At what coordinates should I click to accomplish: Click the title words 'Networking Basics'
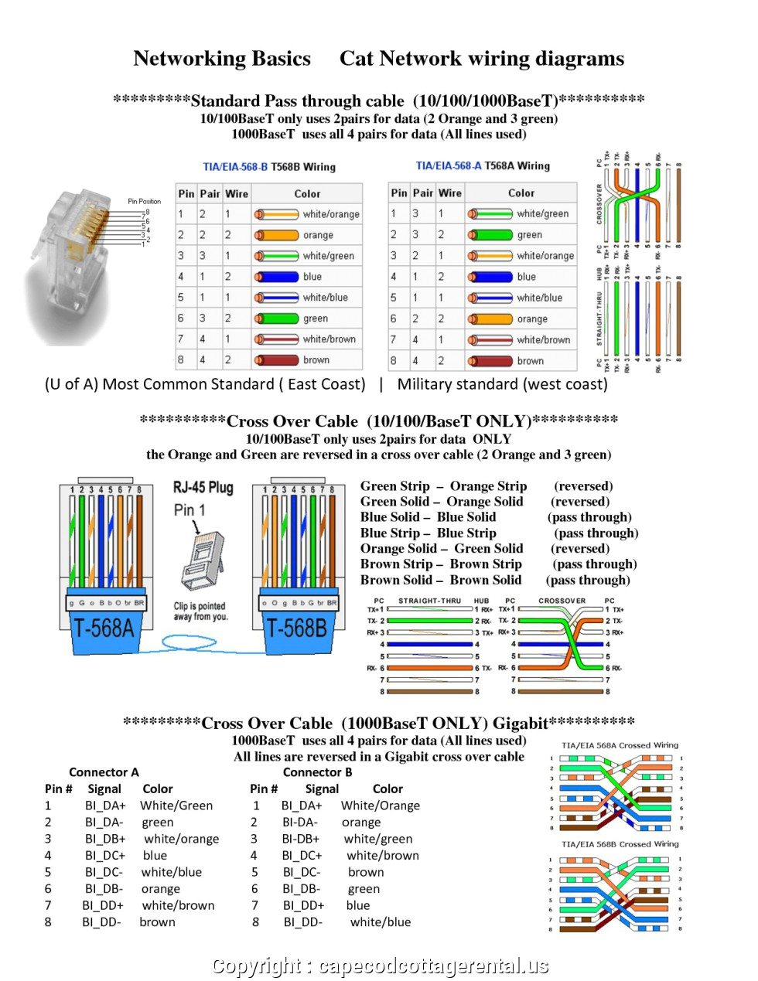point(222,59)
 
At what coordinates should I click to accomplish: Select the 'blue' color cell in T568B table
point(312,277)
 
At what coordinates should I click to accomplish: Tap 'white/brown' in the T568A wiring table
point(543,339)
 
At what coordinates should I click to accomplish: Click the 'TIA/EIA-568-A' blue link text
point(449,165)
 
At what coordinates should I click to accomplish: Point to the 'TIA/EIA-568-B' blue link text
point(235,166)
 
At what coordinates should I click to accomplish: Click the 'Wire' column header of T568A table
point(449,193)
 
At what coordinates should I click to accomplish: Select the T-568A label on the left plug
point(103,628)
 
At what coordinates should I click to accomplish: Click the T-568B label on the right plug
point(296,628)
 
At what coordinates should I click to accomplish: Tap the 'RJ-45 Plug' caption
point(203,487)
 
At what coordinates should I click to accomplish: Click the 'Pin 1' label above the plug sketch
point(189,510)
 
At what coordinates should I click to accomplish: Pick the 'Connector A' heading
point(104,772)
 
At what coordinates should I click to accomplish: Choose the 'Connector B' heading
point(317,772)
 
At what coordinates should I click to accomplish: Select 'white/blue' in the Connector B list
point(381,922)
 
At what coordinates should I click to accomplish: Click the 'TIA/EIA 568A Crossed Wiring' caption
point(620,745)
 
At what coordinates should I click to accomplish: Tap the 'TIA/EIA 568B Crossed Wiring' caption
point(620,844)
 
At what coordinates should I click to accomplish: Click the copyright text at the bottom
point(380,966)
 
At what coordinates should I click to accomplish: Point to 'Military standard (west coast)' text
point(502,384)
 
